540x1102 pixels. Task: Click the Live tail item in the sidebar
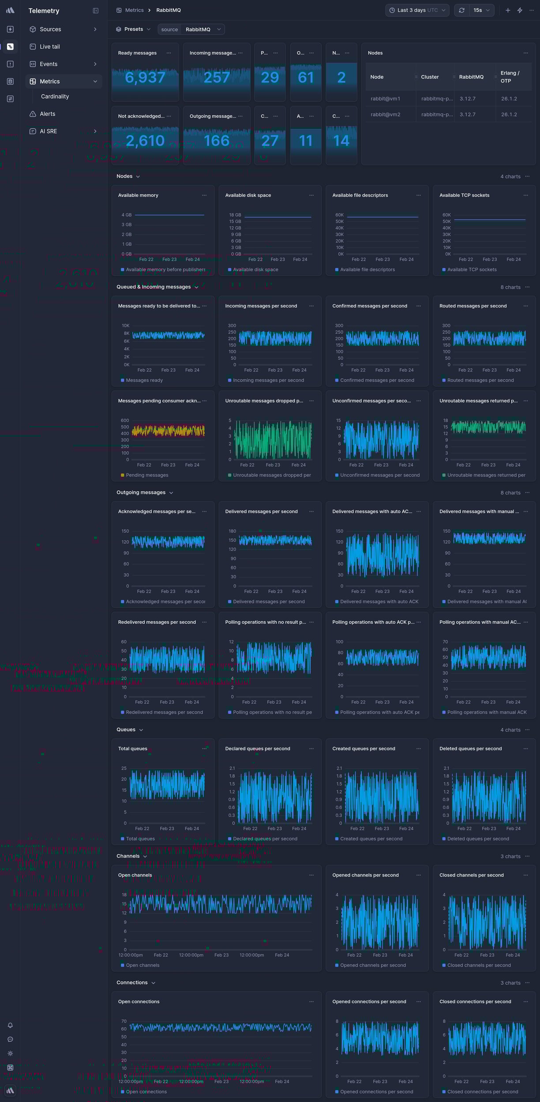(49, 47)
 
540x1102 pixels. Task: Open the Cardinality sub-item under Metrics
(55, 97)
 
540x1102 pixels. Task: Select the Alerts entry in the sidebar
(47, 114)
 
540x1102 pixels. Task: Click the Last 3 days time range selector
(417, 10)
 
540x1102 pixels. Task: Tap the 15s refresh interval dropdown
(481, 10)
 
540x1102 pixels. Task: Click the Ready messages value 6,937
(145, 78)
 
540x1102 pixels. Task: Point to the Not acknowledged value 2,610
(145, 141)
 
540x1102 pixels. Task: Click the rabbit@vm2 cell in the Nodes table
(386, 115)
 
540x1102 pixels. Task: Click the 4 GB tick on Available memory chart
(127, 215)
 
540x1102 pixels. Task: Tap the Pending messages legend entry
(147, 475)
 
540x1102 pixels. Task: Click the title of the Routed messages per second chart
(473, 306)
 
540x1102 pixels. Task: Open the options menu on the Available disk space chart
(311, 195)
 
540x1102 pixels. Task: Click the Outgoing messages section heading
(141, 492)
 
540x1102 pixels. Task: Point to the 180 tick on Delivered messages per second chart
(232, 531)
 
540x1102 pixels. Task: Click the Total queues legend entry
(140, 839)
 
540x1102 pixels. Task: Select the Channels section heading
(128, 856)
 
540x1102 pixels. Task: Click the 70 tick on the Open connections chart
(124, 1021)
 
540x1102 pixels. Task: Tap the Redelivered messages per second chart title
(157, 622)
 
